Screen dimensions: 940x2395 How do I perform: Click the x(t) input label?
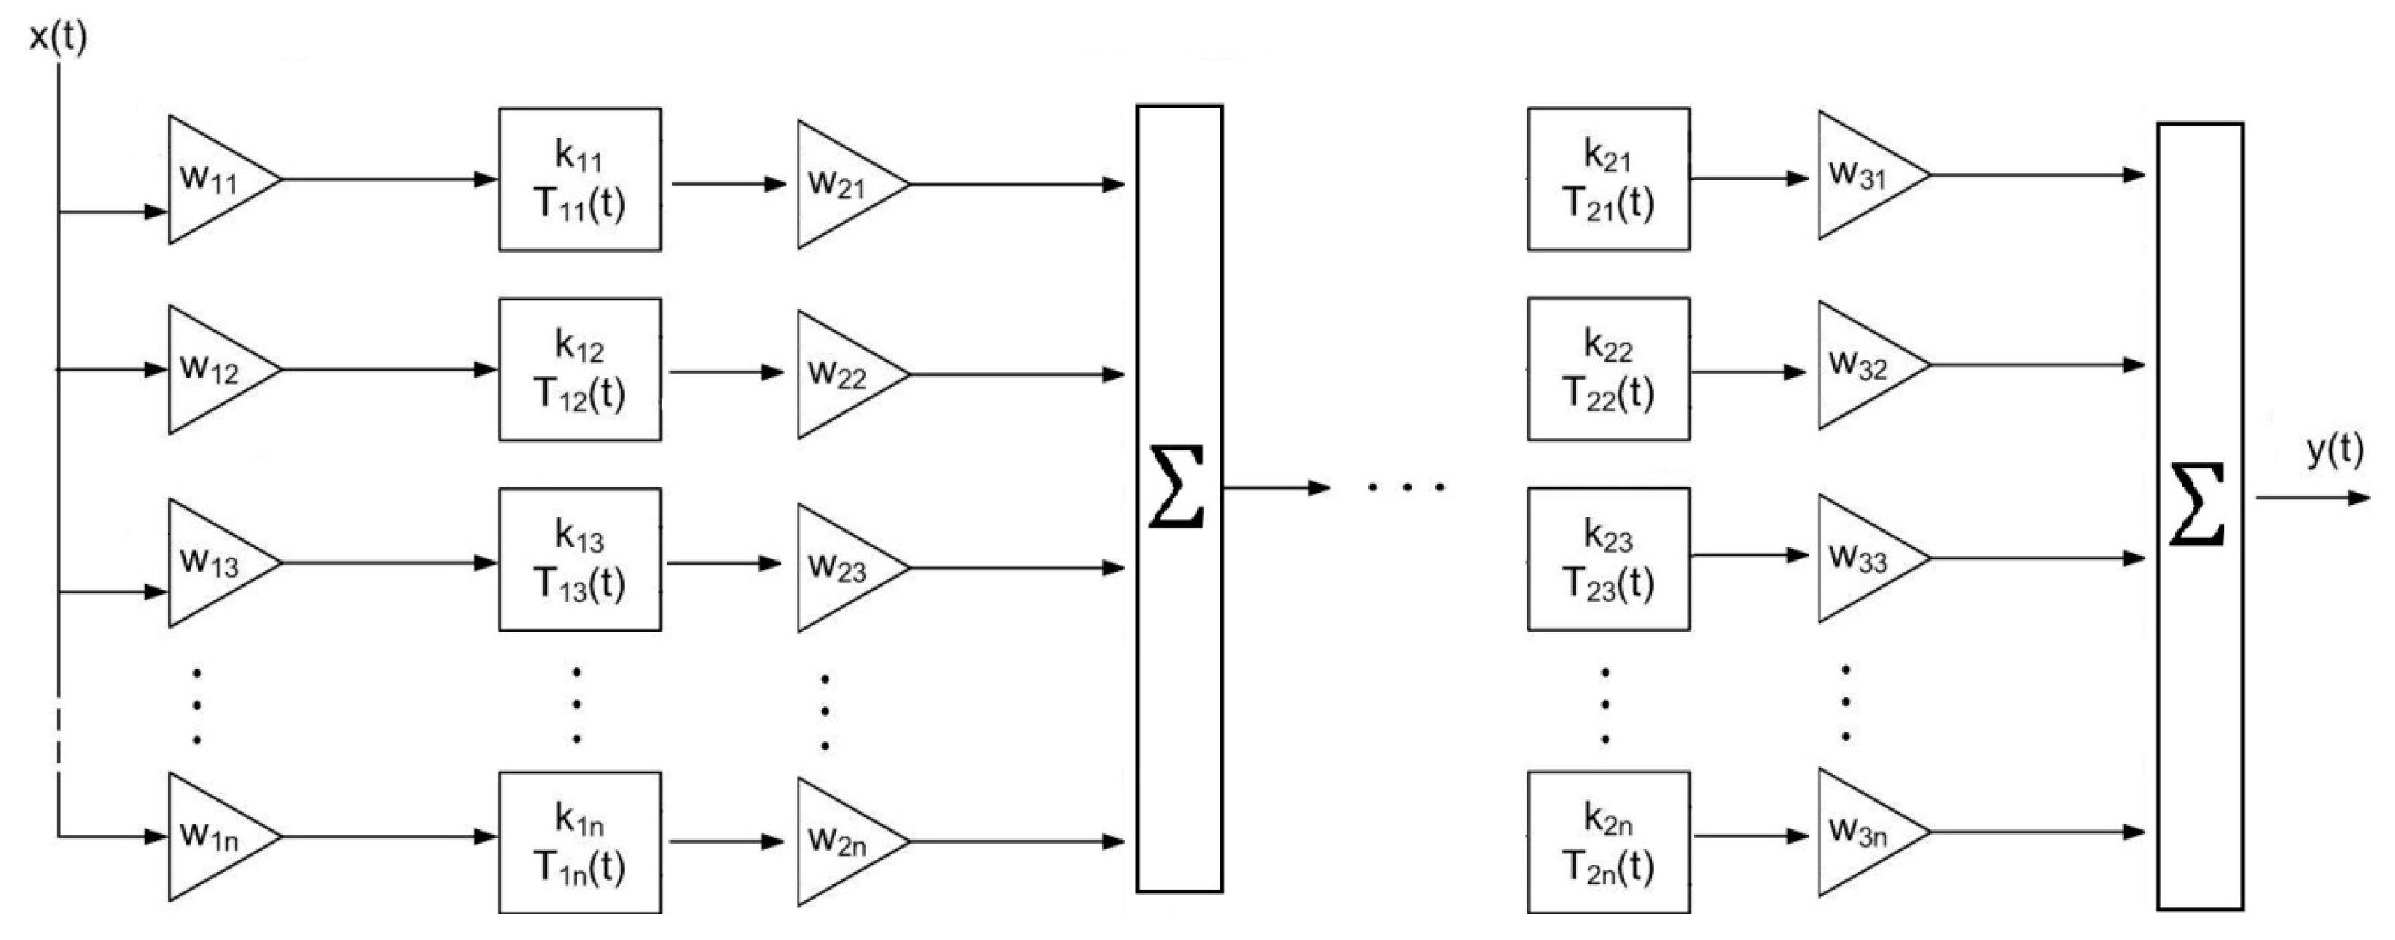tap(58, 37)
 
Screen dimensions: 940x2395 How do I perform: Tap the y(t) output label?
tap(2333, 450)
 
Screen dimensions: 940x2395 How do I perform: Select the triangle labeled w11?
tap(213, 180)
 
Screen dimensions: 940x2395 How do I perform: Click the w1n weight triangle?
tap(213, 837)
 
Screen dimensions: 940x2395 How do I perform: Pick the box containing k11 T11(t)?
tap(580, 180)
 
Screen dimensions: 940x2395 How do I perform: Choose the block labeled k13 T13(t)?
tap(580, 559)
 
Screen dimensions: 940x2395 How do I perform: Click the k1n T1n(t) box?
tap(580, 842)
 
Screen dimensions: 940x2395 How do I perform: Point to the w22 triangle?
tap(843, 374)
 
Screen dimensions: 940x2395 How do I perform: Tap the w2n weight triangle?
tap(843, 842)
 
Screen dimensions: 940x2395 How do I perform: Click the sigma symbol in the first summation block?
tap(1177, 487)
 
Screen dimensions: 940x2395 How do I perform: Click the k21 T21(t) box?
tap(1607, 180)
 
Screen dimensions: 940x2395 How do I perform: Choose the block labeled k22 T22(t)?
tap(1607, 369)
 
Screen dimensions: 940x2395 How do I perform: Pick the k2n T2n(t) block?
tap(1607, 842)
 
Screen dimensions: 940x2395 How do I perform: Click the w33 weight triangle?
tap(1864, 558)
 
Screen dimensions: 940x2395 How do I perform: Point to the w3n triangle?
tap(1864, 832)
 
